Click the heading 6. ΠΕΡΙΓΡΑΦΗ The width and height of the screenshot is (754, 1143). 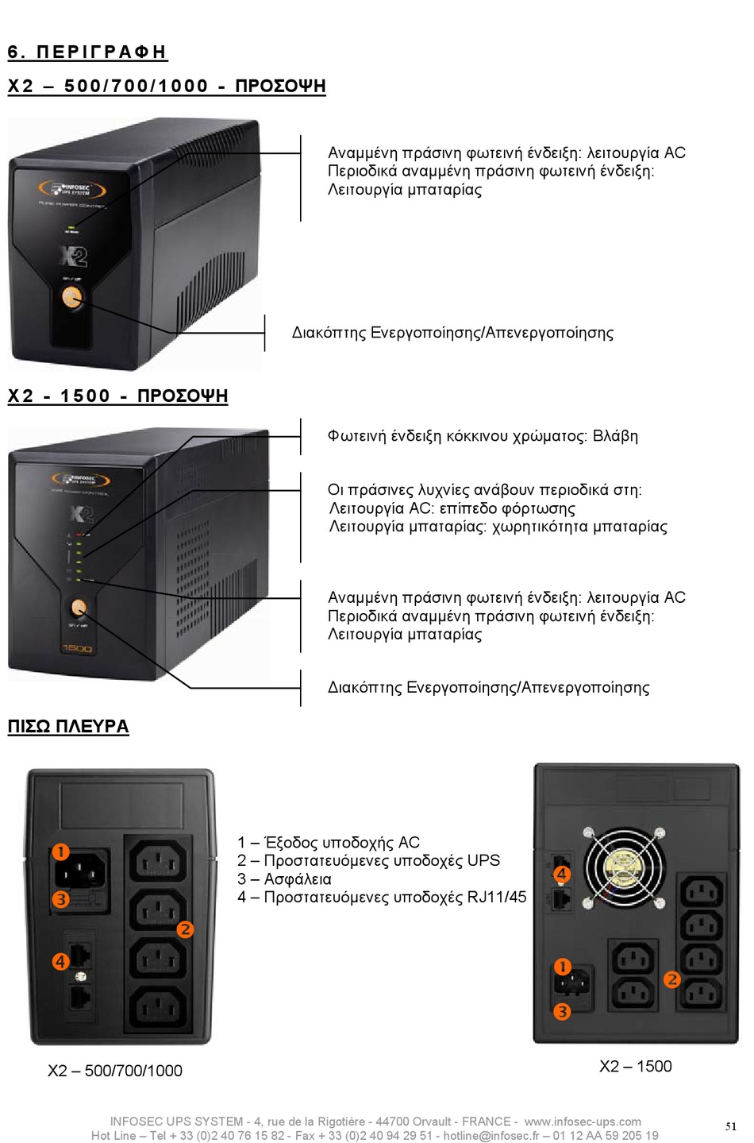click(x=87, y=52)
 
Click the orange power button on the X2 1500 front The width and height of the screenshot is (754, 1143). click(x=78, y=608)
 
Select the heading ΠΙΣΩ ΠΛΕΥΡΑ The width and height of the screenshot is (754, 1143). click(x=68, y=727)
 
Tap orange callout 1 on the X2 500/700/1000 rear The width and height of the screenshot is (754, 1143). click(x=60, y=852)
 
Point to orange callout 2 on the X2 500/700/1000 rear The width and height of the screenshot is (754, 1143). click(x=185, y=929)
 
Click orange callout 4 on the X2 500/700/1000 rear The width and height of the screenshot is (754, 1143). click(x=60, y=962)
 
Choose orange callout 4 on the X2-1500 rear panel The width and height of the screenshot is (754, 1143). click(x=562, y=874)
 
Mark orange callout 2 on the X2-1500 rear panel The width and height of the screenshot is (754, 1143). click(x=672, y=979)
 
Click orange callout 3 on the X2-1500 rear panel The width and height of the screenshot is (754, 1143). click(x=562, y=1012)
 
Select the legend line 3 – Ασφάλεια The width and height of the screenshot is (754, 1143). click(x=284, y=879)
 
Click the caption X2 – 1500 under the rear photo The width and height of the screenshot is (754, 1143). click(x=635, y=1066)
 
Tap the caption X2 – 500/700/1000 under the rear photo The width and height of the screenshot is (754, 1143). click(x=115, y=1071)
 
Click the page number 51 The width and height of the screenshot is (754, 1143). click(x=731, y=1126)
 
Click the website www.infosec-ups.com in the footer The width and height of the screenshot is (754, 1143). click(x=583, y=1122)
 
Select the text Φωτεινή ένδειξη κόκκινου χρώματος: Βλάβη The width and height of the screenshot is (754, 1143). click(x=483, y=436)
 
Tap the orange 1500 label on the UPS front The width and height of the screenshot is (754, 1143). click(x=77, y=649)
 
